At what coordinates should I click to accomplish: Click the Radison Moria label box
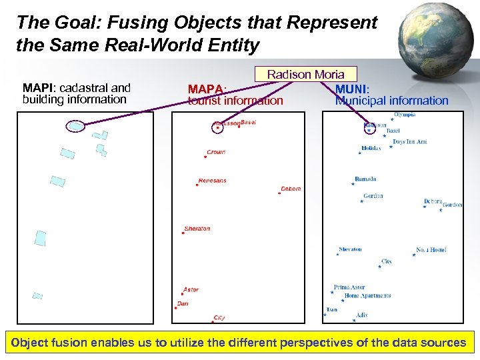click(x=305, y=74)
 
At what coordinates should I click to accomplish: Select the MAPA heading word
click(x=207, y=89)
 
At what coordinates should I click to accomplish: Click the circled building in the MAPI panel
click(x=76, y=125)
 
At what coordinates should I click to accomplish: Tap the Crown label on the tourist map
click(x=216, y=152)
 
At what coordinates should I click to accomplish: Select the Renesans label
click(x=213, y=180)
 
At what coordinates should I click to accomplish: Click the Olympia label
click(x=405, y=115)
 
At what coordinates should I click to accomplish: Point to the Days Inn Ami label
click(x=409, y=141)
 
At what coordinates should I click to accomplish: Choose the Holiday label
click(x=371, y=148)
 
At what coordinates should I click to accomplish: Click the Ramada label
click(x=365, y=179)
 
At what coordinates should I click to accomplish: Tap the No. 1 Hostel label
click(x=431, y=250)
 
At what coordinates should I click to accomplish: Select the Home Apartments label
click(x=367, y=295)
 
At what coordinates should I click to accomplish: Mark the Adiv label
click(x=362, y=315)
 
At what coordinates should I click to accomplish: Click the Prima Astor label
click(x=349, y=287)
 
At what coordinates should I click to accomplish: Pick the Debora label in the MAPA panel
click(x=291, y=189)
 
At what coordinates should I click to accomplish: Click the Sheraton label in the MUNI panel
click(x=350, y=249)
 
